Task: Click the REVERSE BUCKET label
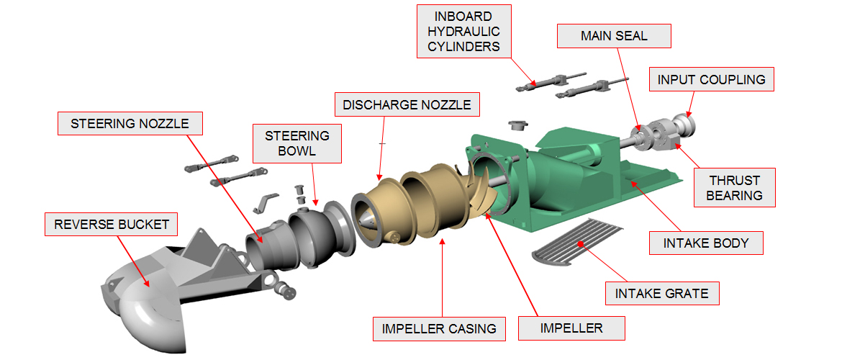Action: tap(112, 225)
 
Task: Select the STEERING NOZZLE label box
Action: tap(130, 124)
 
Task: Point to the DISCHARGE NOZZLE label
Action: tap(407, 105)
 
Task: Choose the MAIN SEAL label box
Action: tap(614, 35)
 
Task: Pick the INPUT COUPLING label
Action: tap(711, 79)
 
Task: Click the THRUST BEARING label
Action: tap(734, 187)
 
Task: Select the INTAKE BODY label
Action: tap(705, 243)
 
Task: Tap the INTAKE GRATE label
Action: tap(661, 293)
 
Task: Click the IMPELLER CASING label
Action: tap(439, 328)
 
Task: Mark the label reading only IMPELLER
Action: tap(571, 328)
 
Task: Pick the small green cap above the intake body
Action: tap(515, 127)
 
